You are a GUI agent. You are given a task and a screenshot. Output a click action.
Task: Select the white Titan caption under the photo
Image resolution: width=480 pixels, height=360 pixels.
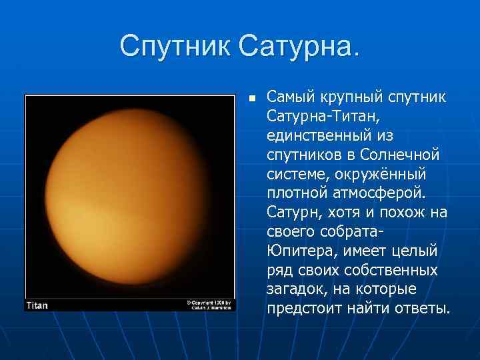click(37, 305)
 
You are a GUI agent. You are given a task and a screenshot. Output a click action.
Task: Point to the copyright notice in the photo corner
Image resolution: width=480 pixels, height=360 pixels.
click(209, 305)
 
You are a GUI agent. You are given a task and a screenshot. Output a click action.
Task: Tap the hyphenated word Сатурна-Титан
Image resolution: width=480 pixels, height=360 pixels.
click(323, 117)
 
